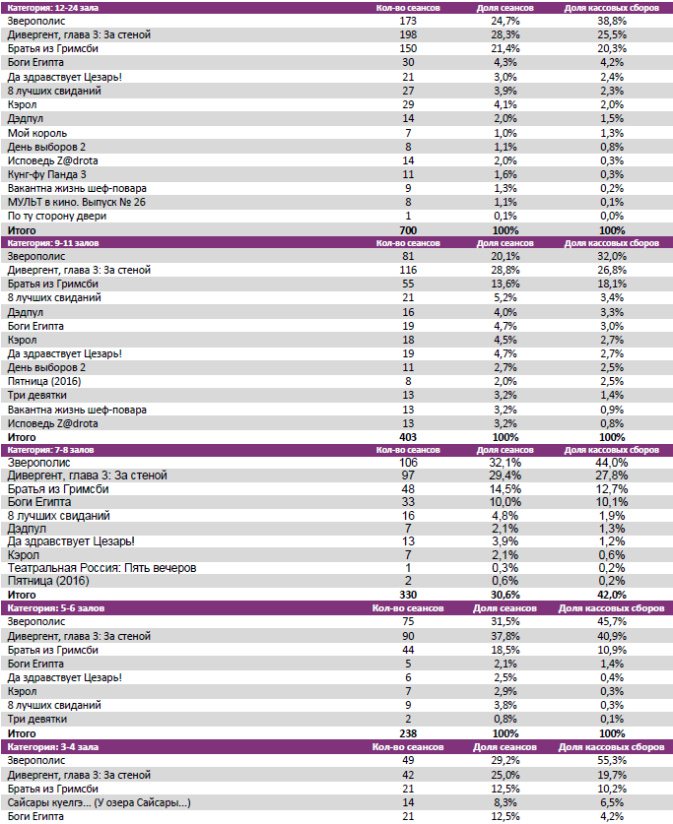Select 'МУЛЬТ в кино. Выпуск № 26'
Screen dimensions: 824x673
[76, 202]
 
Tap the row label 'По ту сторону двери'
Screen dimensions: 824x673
[57, 216]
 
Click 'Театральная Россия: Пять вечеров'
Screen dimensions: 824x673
[102, 568]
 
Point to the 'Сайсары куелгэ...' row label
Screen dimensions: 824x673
[99, 803]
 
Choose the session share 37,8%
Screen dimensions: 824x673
[505, 636]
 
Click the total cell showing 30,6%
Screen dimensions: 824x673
[505, 595]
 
